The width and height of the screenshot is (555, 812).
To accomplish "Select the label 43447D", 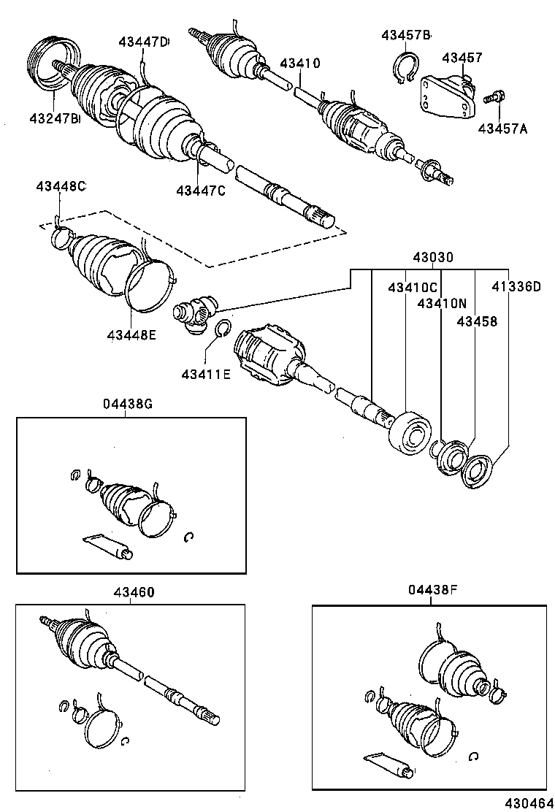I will tap(143, 42).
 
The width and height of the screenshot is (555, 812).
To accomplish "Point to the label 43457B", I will tap(406, 35).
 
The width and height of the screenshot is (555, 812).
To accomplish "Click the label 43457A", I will tap(502, 129).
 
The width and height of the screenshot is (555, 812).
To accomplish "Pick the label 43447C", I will tap(200, 191).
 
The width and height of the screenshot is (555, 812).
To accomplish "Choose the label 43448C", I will tap(61, 187).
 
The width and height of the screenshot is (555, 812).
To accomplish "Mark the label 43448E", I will tap(132, 334).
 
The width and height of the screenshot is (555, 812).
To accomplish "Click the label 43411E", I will tap(206, 375).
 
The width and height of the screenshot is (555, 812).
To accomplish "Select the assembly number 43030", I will tap(433, 258).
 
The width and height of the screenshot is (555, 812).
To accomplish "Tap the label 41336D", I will tap(516, 287).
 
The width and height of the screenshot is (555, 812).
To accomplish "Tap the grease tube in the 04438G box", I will tap(107, 547).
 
